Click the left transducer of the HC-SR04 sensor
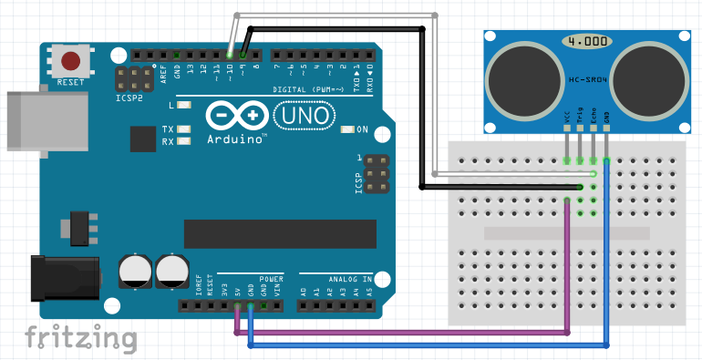tap(522, 78)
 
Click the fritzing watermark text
tap(80, 339)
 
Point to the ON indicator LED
tap(346, 129)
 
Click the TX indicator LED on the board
tap(185, 129)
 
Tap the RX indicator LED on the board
tap(185, 141)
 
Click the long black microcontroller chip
tap(280, 233)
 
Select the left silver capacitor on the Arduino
tap(136, 271)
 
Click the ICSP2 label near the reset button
tap(129, 98)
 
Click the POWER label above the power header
tap(271, 278)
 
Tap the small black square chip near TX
tap(142, 139)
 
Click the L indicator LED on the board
tap(185, 106)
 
